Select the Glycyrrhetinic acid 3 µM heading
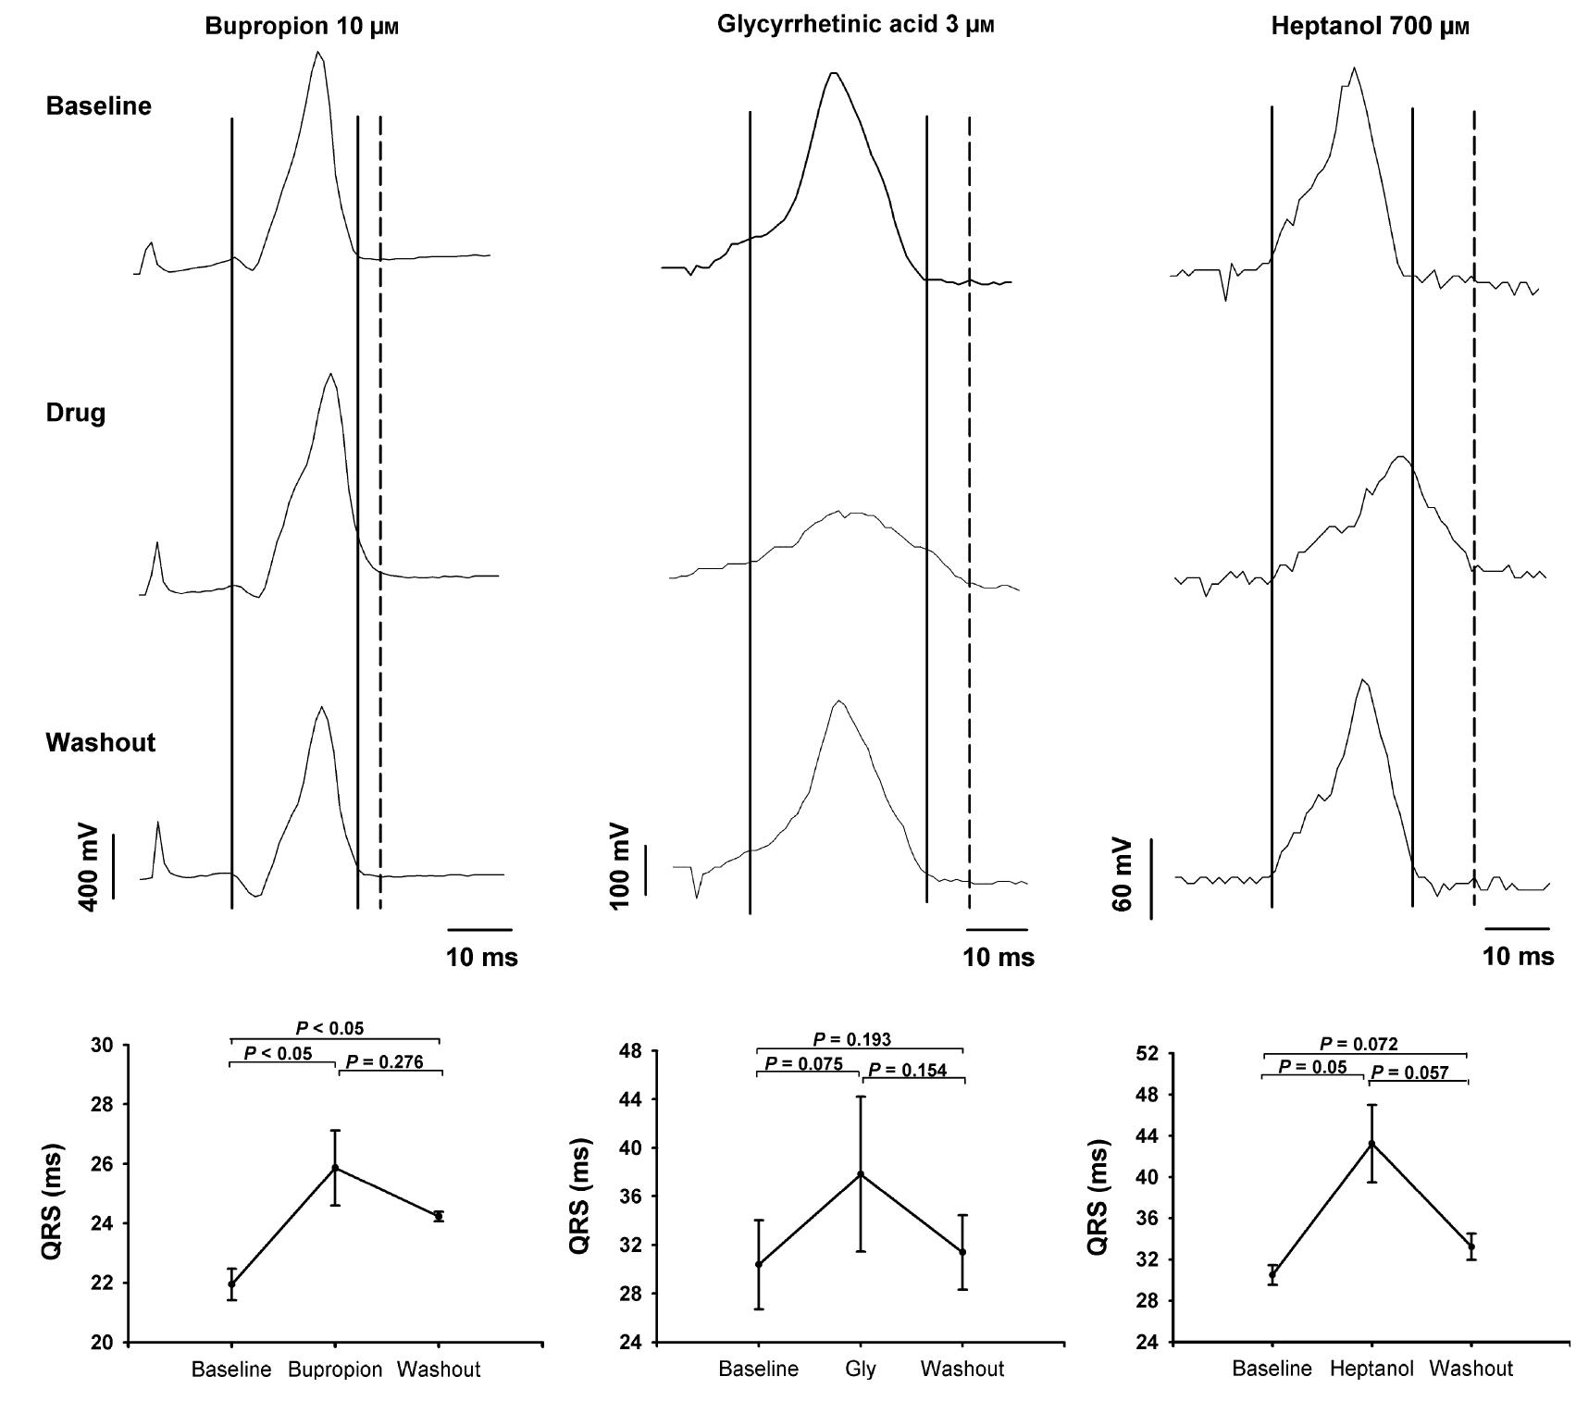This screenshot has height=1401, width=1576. point(855,25)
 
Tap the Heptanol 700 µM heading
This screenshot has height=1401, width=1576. point(1370,26)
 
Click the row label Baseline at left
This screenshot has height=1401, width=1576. point(98,105)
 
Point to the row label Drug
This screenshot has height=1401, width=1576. point(76,413)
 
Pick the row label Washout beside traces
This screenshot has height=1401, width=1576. point(100,742)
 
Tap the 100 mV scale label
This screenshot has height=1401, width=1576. point(620,865)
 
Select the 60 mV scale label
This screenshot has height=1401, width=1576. point(1123,874)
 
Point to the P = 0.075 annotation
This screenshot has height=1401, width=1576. point(803,1063)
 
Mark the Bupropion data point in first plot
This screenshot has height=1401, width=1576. point(335,1168)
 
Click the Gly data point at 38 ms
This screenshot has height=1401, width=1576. point(861,1174)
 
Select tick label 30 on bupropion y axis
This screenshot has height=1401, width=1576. point(105,1046)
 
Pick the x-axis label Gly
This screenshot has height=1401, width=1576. point(860,1369)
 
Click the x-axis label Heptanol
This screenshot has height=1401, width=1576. point(1371,1369)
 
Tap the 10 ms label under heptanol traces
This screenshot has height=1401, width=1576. point(1518,956)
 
